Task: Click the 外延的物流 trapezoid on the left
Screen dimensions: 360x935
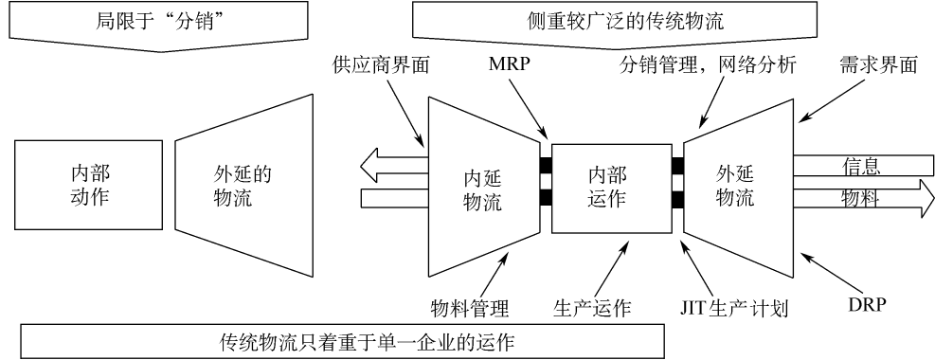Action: tap(243, 185)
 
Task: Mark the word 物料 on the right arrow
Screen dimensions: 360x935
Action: tap(862, 199)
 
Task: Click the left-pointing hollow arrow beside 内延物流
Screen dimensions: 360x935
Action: tap(388, 167)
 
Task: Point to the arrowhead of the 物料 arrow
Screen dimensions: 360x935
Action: tap(917, 199)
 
